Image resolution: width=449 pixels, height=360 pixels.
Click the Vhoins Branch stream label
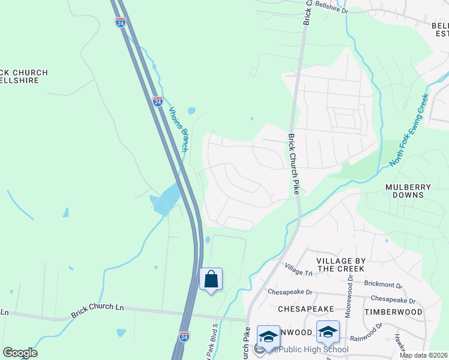[x=179, y=129]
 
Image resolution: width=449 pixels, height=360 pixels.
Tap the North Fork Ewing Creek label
[x=409, y=130]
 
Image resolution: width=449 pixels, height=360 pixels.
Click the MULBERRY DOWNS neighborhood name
[x=408, y=191]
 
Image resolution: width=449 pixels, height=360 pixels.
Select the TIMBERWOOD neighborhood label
[x=393, y=312]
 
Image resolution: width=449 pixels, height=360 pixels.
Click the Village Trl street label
[x=299, y=269]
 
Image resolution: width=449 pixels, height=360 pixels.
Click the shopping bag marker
[x=211, y=279]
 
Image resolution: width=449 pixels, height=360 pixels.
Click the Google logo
[x=20, y=353]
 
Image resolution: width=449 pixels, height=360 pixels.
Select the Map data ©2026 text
[x=423, y=355]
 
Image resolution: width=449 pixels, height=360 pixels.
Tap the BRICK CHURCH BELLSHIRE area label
[x=24, y=76]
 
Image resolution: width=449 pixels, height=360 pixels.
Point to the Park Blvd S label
[x=212, y=343]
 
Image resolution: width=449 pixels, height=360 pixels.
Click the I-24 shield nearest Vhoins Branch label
[x=157, y=101]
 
